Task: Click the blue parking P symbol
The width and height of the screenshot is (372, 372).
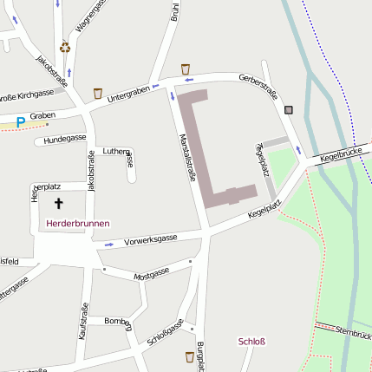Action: [x=20, y=123]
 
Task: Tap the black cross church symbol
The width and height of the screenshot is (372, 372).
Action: [x=60, y=204]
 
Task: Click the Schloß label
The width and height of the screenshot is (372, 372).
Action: [x=251, y=341]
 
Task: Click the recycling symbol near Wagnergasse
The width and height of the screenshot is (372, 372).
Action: [x=65, y=48]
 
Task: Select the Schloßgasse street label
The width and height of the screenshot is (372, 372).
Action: [x=166, y=333]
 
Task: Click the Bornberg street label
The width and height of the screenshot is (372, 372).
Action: [x=117, y=323]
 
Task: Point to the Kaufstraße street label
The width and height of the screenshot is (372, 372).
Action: [x=84, y=322]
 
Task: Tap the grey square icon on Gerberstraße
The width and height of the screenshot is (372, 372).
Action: [x=288, y=110]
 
